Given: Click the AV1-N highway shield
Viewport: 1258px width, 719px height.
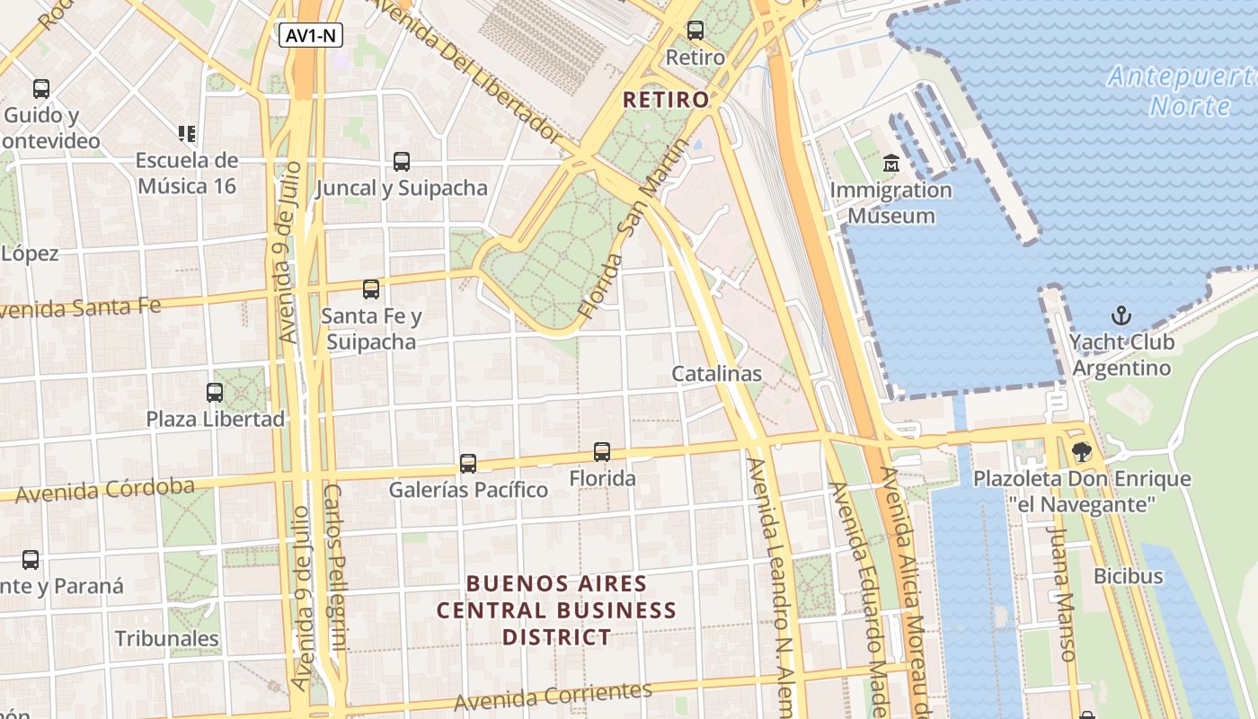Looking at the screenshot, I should click(x=310, y=36).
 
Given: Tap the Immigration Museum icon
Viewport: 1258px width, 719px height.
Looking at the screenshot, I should click(x=890, y=164).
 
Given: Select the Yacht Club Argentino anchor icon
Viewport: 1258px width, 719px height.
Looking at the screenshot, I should click(x=1121, y=315).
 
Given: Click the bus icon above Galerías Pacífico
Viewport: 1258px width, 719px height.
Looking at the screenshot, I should click(x=468, y=464).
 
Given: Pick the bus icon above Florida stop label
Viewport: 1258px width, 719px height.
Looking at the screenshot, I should click(x=602, y=452).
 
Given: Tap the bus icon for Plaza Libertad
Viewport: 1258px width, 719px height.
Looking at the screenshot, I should click(x=215, y=393).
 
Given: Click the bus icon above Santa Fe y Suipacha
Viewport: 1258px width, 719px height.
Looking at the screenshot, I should click(x=370, y=289).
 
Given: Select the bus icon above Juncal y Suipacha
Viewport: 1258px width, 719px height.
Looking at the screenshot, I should click(x=402, y=162).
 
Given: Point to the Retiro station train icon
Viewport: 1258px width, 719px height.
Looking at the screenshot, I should click(x=695, y=31).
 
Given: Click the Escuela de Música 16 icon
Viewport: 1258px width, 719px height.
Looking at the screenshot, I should click(x=187, y=134).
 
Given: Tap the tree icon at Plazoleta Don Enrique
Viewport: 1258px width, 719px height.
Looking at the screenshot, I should click(x=1082, y=452).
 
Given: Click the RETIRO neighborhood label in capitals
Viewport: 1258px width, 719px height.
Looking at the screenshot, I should click(x=666, y=100).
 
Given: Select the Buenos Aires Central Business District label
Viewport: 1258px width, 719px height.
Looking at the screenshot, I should click(x=556, y=610).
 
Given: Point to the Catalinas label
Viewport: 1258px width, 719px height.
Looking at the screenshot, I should click(x=717, y=374).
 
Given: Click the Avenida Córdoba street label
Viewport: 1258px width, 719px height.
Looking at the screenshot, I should click(x=105, y=491).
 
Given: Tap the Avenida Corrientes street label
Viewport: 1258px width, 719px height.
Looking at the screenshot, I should click(x=553, y=697).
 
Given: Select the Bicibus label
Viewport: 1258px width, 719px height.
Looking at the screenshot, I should click(x=1128, y=576).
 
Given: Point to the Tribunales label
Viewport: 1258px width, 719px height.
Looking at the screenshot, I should click(x=166, y=639).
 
